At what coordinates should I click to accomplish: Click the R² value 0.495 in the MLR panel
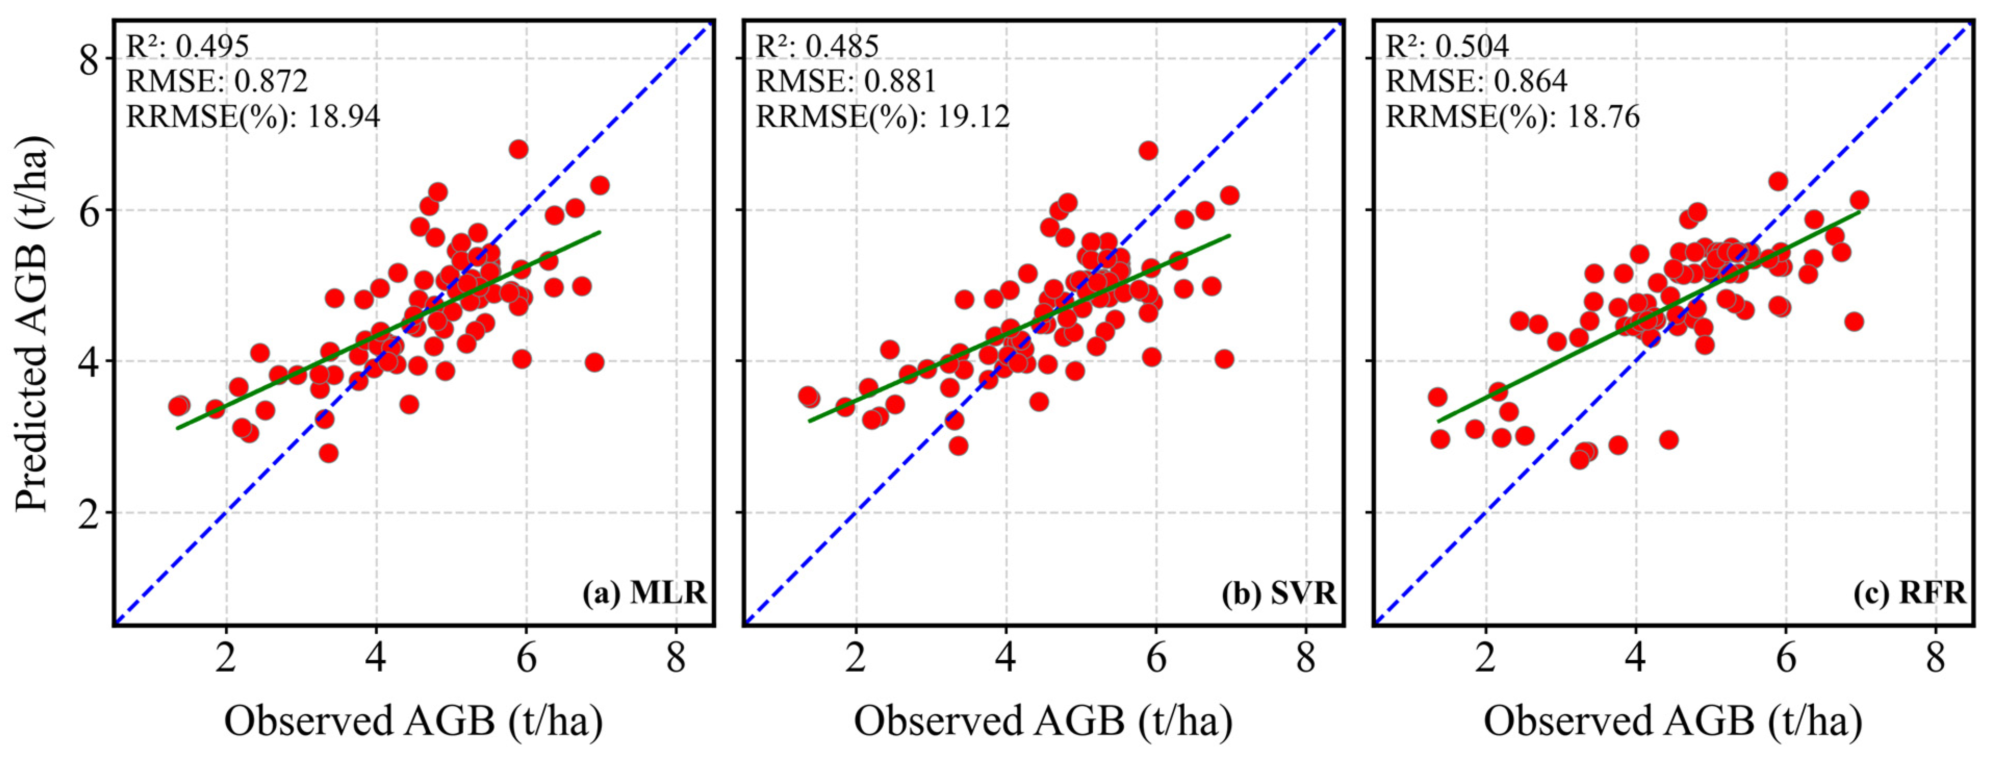click(212, 46)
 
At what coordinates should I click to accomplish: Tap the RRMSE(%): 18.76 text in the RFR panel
click(1512, 116)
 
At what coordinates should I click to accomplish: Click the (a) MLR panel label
click(644, 593)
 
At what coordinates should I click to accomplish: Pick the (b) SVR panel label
click(1279, 593)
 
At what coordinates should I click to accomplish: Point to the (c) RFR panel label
click(1909, 593)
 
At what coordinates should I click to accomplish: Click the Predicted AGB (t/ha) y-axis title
click(32, 324)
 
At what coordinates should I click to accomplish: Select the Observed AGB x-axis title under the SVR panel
click(1043, 721)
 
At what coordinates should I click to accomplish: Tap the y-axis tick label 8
click(89, 59)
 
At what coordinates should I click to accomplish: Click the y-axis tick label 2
click(89, 513)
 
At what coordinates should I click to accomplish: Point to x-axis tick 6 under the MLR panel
click(526, 659)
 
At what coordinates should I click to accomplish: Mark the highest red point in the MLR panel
click(518, 149)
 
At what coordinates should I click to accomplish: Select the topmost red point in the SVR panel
click(1148, 151)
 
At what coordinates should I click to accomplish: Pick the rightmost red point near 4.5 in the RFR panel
click(1854, 321)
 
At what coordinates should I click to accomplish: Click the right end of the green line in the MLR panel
click(599, 231)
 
